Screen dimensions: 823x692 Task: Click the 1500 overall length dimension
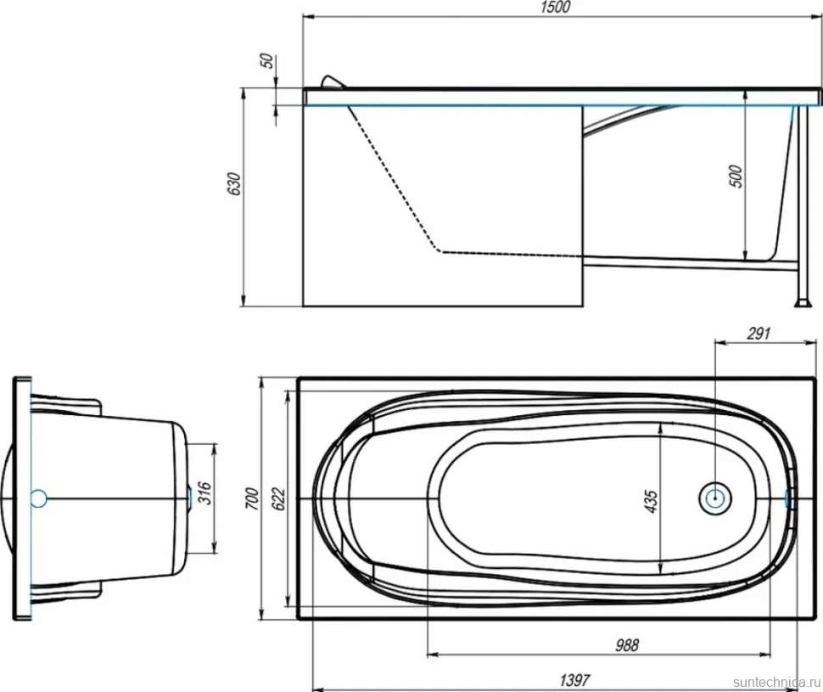pyautogui.click(x=555, y=8)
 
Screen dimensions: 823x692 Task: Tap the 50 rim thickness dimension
pyautogui.click(x=267, y=61)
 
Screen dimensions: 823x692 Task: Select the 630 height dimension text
pyautogui.click(x=234, y=183)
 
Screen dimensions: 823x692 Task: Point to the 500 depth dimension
pyautogui.click(x=736, y=176)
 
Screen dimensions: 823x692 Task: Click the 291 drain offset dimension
pyautogui.click(x=758, y=334)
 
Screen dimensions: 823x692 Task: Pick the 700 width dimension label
pyautogui.click(x=252, y=498)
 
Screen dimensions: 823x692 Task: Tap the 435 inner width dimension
pyautogui.click(x=650, y=502)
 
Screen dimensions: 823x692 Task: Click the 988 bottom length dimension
pyautogui.click(x=627, y=644)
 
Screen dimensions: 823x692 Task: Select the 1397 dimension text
pyautogui.click(x=574, y=680)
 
